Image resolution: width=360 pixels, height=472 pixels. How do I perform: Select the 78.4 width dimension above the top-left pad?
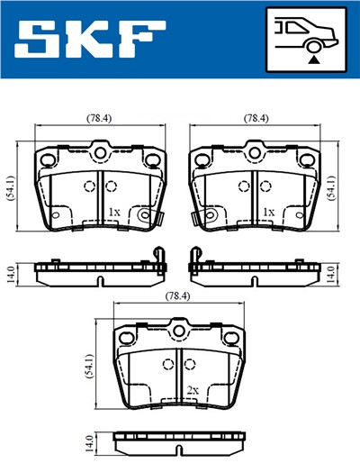99,118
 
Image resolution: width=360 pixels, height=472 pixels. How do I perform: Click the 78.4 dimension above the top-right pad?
256,118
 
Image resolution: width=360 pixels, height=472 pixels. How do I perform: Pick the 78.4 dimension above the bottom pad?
177,296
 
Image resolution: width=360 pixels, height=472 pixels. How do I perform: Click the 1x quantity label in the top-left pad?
112,213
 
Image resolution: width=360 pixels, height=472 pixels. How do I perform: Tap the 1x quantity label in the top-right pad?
267,213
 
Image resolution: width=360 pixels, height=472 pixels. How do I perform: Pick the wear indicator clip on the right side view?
193,260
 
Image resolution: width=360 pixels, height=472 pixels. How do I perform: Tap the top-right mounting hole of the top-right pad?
307,160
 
